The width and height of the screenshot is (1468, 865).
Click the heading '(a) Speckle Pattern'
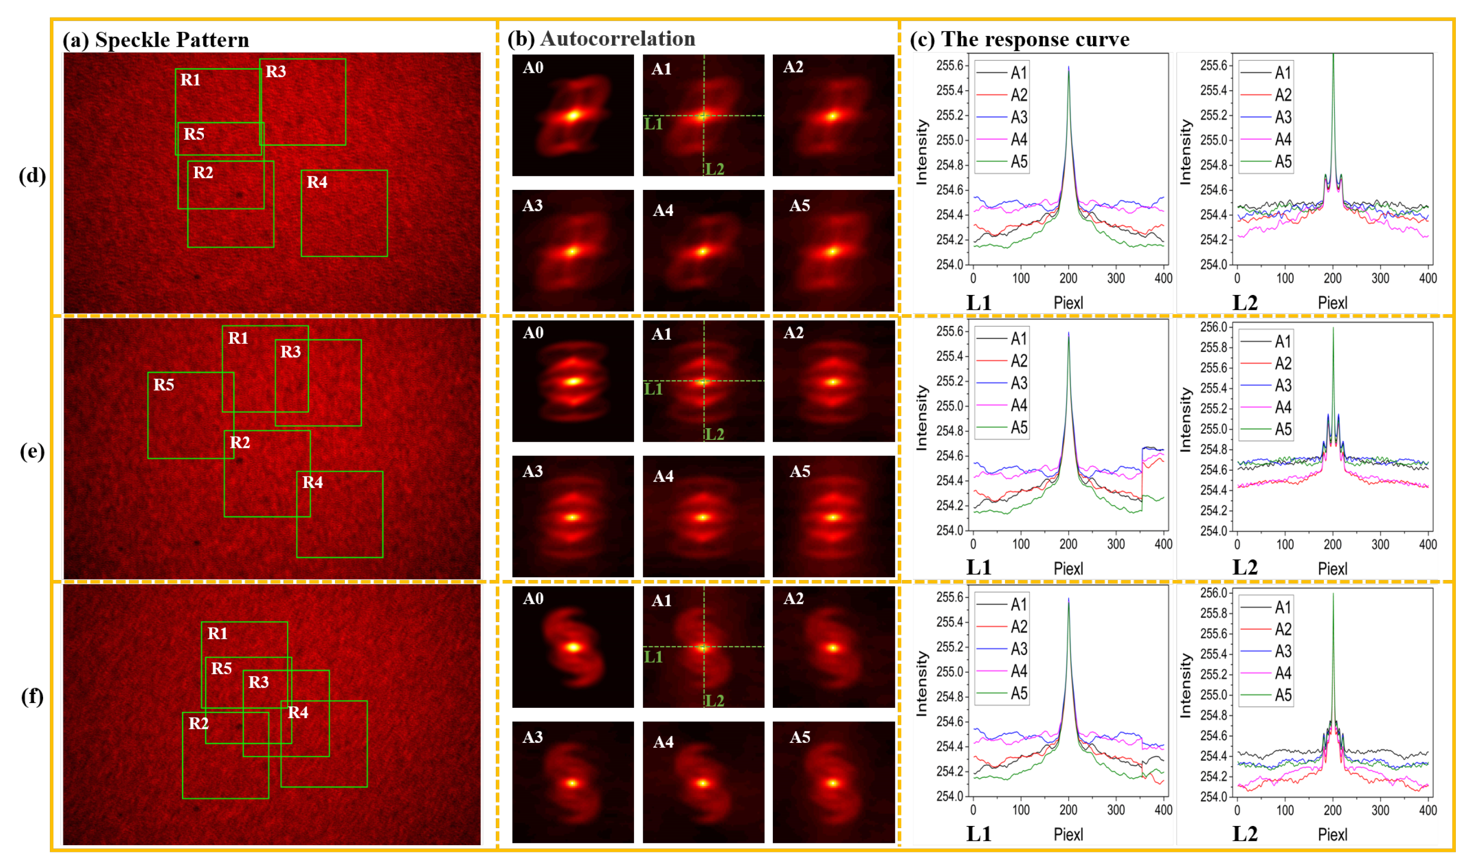tap(156, 40)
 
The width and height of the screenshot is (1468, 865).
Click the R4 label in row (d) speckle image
tap(317, 182)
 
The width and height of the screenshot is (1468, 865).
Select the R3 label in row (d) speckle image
tap(275, 72)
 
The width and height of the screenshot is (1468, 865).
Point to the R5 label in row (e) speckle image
tap(163, 385)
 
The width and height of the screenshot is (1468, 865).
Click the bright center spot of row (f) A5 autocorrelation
tap(833, 783)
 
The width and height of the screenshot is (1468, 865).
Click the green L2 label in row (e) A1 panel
tap(715, 434)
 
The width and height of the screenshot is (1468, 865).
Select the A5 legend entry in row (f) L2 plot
tap(1283, 695)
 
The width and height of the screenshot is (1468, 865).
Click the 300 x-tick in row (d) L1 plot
tap(1115, 278)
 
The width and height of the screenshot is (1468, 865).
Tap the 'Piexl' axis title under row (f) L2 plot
tap(1332, 834)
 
